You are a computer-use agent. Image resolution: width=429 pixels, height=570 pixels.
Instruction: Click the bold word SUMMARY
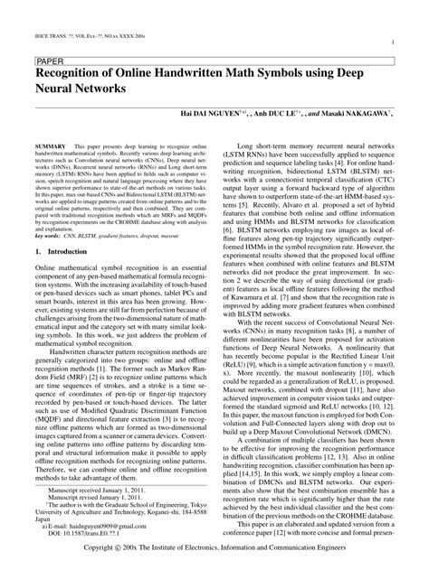[52, 145]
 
